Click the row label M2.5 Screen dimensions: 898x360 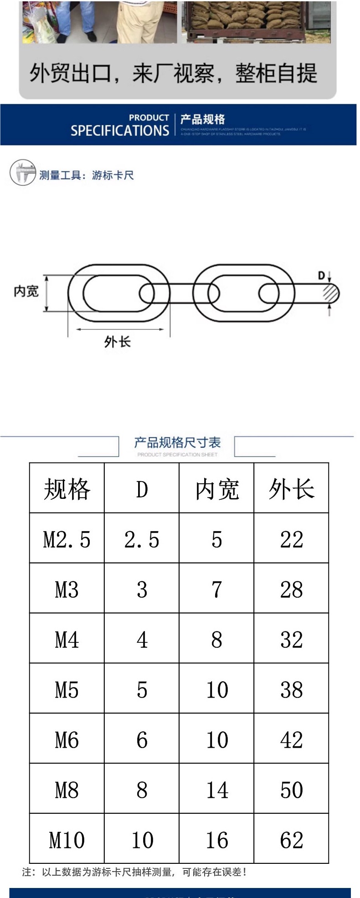(x=67, y=539)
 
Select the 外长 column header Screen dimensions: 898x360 (x=291, y=489)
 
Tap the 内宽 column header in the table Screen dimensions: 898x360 (x=216, y=489)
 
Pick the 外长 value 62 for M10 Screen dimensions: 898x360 (x=291, y=840)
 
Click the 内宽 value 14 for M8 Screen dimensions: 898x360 (x=216, y=790)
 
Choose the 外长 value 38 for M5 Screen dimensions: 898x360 (x=291, y=689)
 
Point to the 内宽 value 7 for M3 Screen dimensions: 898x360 (x=216, y=590)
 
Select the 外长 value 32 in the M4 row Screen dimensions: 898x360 (x=291, y=640)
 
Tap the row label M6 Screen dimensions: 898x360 (x=67, y=739)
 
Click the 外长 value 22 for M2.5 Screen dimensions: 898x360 (x=291, y=539)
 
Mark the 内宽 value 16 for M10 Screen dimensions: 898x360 (x=216, y=840)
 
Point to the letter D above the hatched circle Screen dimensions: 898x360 (x=321, y=275)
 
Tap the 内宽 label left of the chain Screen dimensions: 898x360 (x=26, y=291)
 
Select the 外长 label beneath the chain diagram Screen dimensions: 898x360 (x=118, y=341)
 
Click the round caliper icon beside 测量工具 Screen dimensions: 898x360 (x=22, y=173)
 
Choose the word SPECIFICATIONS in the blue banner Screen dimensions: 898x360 (x=120, y=131)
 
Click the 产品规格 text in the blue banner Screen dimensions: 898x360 (x=202, y=119)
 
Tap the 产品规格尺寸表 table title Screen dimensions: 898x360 (x=177, y=442)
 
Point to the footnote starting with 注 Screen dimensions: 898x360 (x=134, y=872)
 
